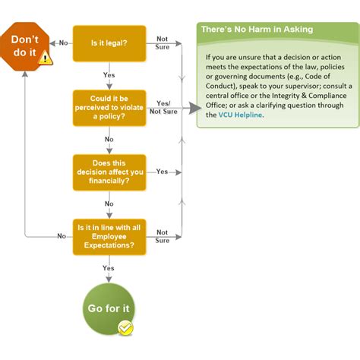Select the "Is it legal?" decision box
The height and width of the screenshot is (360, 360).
point(109,43)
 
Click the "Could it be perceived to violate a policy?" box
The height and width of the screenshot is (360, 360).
point(109,107)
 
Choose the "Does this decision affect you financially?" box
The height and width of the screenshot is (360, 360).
point(109,172)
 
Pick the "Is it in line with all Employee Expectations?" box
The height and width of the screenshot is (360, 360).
point(109,236)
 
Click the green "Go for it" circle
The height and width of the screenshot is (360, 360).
point(107,310)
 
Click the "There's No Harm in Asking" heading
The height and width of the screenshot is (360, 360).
point(256,29)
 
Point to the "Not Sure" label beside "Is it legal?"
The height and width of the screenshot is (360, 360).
point(163,43)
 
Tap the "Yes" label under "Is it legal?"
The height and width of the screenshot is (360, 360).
point(109,75)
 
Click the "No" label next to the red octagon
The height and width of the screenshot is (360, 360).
point(63,43)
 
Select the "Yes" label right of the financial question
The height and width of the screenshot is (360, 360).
point(162,172)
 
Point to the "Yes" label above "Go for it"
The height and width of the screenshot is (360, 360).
point(109,268)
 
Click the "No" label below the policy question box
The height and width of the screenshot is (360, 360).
point(109,140)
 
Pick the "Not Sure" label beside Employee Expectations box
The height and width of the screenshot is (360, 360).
point(163,236)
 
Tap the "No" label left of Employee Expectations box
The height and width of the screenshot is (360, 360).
point(62,236)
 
